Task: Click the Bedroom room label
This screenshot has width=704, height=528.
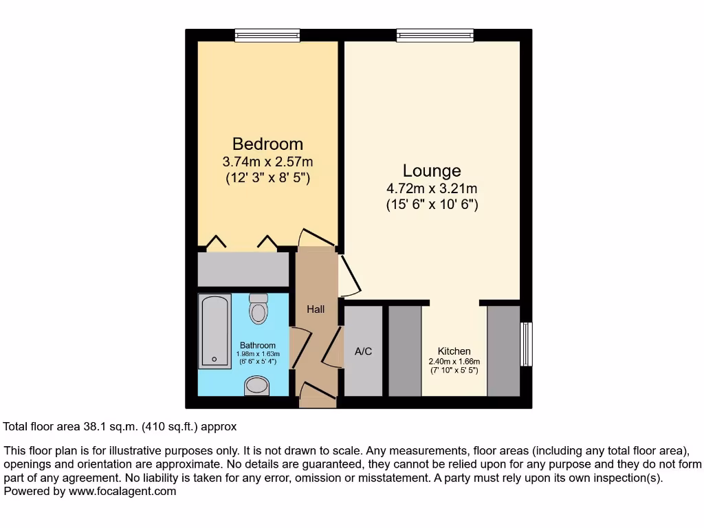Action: (x=267, y=144)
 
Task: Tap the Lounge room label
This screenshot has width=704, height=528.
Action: (x=432, y=170)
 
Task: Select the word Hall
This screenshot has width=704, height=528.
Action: (x=316, y=309)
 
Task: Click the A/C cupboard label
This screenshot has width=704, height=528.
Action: (x=363, y=351)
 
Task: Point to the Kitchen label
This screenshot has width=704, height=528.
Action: (x=454, y=351)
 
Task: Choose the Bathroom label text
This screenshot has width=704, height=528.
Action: (x=258, y=345)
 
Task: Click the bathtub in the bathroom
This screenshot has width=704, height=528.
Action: (x=214, y=331)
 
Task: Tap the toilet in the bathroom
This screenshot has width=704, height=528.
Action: (x=258, y=309)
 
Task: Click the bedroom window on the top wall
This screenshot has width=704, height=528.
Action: (x=267, y=34)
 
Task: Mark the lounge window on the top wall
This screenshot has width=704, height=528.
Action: (x=434, y=34)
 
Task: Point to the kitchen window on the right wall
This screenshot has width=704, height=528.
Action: (x=526, y=344)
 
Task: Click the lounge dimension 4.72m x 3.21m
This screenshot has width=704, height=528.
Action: (x=432, y=188)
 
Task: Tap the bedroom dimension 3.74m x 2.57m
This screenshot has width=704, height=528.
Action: (x=267, y=162)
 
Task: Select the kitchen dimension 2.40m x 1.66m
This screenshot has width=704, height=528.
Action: (x=454, y=362)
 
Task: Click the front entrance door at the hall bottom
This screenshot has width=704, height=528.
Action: (x=316, y=395)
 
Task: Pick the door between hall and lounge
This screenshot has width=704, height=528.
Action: (x=349, y=275)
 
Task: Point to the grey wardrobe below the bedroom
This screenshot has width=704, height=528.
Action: (x=243, y=269)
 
